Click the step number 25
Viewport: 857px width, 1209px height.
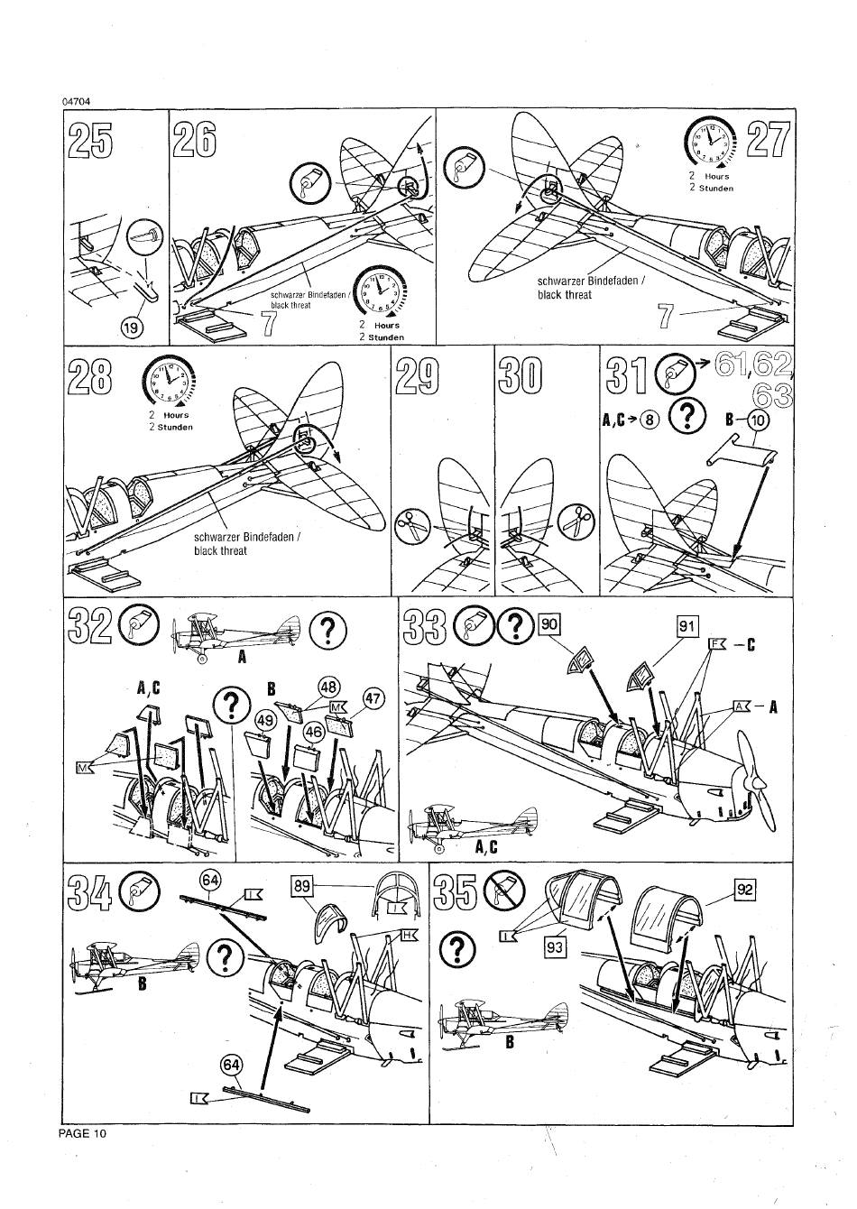point(91,141)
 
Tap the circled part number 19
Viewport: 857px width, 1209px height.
point(133,328)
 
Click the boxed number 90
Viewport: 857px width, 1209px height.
point(548,623)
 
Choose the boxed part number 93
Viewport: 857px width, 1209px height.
point(555,946)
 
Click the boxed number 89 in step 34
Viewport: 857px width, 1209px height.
point(302,886)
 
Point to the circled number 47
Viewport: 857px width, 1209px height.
point(373,698)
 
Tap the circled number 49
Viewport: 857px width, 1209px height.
point(265,720)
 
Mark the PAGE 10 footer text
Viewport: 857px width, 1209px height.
point(82,1133)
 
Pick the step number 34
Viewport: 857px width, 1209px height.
point(91,897)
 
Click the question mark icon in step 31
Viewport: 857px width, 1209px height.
point(688,415)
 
